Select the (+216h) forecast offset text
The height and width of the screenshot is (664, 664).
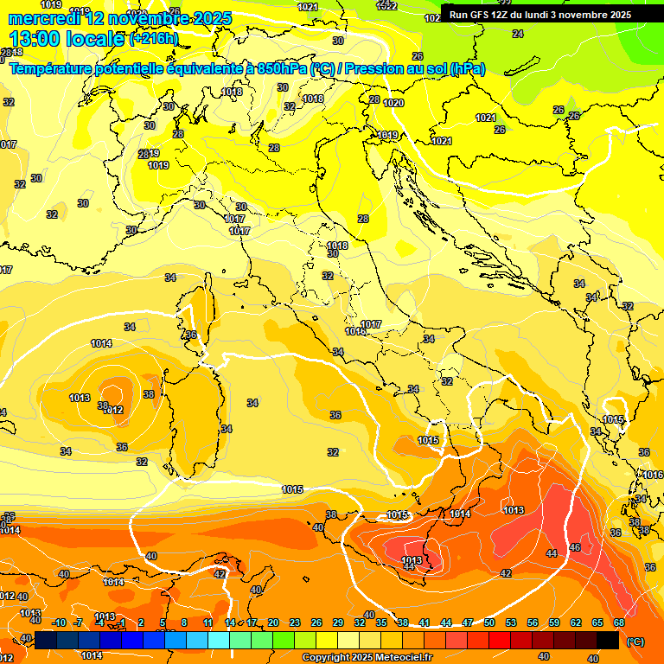(x=154, y=39)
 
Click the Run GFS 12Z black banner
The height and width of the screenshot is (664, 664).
(x=539, y=15)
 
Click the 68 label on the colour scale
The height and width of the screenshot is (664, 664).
(x=619, y=622)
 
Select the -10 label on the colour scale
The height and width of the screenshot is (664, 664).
(x=59, y=622)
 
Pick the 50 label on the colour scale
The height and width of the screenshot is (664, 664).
(x=489, y=622)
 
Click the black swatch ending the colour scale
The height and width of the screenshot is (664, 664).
(x=608, y=639)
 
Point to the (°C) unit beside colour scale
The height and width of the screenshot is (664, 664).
(x=635, y=641)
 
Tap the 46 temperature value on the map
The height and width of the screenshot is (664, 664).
(x=575, y=547)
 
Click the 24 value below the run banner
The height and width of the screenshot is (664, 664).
(x=517, y=34)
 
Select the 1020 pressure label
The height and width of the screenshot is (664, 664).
(x=393, y=103)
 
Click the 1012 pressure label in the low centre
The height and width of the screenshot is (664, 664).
(x=112, y=410)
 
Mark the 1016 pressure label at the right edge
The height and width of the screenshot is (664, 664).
(x=653, y=475)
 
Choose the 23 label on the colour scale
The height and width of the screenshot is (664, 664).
(x=295, y=622)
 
